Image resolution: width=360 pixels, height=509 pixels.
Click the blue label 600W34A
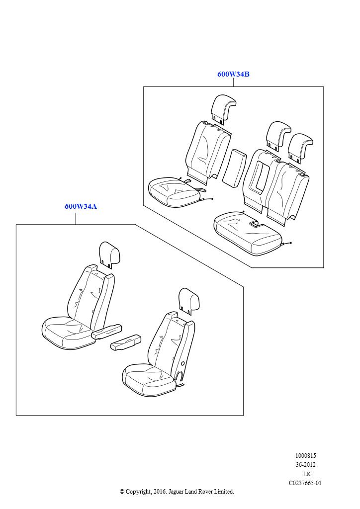[81, 206]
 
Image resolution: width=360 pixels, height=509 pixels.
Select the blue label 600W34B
[233, 74]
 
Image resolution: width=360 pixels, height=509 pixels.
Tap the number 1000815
[305, 456]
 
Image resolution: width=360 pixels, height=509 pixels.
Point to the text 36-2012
[305, 465]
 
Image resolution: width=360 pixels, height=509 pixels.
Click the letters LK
[307, 474]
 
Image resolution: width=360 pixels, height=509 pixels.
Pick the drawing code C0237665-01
[305, 483]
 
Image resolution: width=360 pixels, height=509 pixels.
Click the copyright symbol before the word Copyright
[122, 492]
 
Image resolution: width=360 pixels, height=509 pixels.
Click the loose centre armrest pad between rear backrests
[233, 168]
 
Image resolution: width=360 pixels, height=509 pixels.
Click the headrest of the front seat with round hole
[189, 301]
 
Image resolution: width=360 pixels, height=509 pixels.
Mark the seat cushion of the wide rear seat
[248, 233]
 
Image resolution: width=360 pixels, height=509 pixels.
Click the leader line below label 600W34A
[76, 218]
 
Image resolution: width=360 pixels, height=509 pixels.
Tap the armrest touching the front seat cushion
[106, 331]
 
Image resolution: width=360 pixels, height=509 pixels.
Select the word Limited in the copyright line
[224, 492]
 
